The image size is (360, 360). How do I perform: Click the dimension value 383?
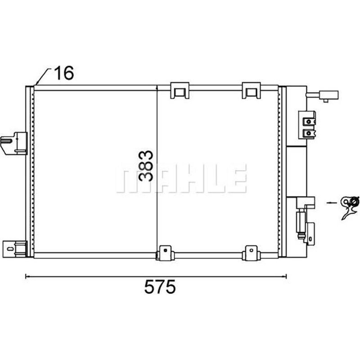[x=147, y=166]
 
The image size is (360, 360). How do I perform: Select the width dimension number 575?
[x=159, y=287]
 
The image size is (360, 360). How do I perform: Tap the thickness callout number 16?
[x=63, y=73]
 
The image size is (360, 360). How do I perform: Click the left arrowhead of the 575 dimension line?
[x=27, y=276]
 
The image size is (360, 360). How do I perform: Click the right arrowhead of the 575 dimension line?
[x=285, y=276]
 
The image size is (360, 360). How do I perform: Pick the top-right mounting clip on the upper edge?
[x=251, y=90]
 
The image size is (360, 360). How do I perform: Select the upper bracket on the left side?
[x=14, y=143]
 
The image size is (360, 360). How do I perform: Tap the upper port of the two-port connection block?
[x=308, y=121]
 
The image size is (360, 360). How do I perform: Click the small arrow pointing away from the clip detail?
[x=331, y=202]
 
